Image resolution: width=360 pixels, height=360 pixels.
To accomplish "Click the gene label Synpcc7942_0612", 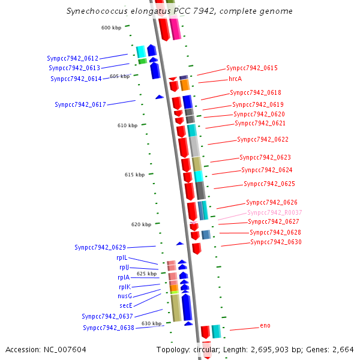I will [73, 59].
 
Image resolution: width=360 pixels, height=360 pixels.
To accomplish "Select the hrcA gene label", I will [235, 79].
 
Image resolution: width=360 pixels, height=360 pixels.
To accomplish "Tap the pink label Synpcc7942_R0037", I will [274, 212].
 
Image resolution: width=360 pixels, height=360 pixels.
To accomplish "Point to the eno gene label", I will [265, 326].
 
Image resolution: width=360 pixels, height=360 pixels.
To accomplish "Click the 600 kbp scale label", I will [111, 28].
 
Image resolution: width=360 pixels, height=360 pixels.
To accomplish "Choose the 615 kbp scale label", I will [134, 175].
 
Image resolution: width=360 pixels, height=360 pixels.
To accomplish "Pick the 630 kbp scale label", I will [151, 323].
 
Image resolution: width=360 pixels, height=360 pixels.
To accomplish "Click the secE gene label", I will [125, 305].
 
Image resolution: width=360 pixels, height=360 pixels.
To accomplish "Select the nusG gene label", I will [125, 296].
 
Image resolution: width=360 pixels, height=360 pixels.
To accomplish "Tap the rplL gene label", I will [122, 257].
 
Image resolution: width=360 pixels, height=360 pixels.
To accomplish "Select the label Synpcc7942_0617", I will [80, 104].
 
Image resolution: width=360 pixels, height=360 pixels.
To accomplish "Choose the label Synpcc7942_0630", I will [275, 242].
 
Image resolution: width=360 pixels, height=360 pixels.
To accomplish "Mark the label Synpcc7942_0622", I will [263, 139].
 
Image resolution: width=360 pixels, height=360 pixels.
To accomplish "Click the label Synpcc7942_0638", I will [109, 328].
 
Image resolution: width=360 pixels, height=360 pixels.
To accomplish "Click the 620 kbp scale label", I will [141, 224].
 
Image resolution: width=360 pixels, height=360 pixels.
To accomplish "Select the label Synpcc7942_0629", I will [100, 247].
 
